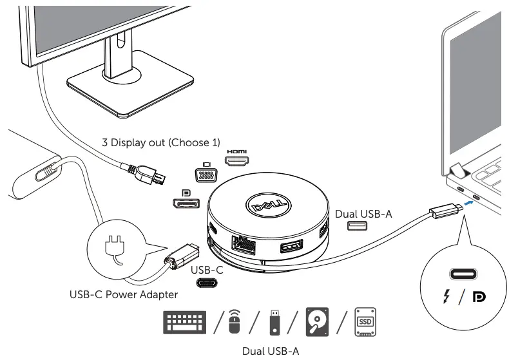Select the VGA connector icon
pos(207,175)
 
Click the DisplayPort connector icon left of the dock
pos(186,202)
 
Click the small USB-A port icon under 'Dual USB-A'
pos(356,226)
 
